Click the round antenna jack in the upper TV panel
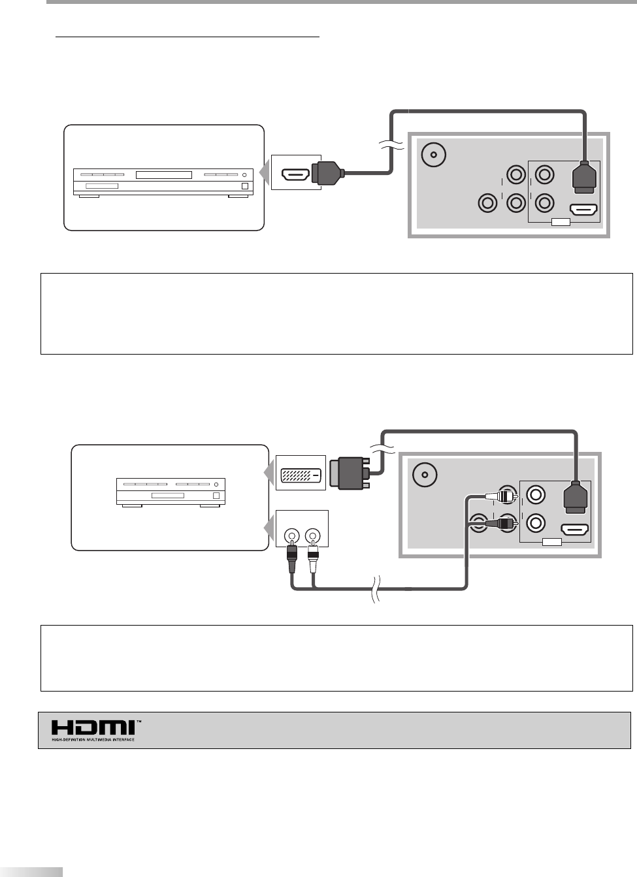coord(432,155)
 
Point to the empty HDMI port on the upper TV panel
coord(583,210)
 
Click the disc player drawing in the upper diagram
coord(161,182)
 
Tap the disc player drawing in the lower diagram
coord(170,492)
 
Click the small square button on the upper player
coord(245,186)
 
